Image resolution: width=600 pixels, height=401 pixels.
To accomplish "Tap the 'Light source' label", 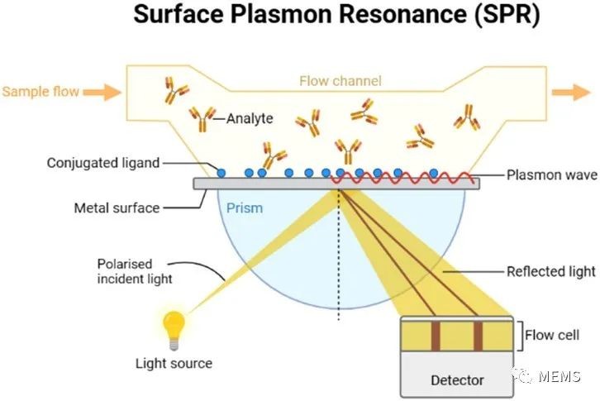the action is pyautogui.click(x=174, y=363).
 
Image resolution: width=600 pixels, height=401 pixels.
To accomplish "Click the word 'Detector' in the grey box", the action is pyautogui.click(x=457, y=380).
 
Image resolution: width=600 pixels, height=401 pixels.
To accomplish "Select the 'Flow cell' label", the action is pyautogui.click(x=552, y=335).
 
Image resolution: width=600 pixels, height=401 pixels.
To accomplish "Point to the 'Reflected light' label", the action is pyautogui.click(x=551, y=271).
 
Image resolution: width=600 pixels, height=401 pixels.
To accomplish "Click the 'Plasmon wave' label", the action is pyautogui.click(x=552, y=175).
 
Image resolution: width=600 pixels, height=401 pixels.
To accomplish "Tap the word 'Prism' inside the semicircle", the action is pyautogui.click(x=245, y=208).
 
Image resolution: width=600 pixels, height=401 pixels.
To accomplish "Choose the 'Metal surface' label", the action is pyautogui.click(x=117, y=208).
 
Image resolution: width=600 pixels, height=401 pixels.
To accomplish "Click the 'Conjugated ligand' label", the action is pyautogui.click(x=103, y=163).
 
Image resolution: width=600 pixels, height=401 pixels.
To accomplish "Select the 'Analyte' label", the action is pyautogui.click(x=250, y=118).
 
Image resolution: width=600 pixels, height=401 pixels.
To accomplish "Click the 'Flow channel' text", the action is pyautogui.click(x=340, y=81).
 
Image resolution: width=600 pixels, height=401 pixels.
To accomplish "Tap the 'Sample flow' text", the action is pyautogui.click(x=40, y=92).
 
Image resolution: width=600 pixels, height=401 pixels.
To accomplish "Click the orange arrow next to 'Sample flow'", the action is pyautogui.click(x=102, y=93).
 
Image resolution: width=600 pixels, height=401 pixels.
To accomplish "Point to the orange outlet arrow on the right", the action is pyautogui.click(x=571, y=93).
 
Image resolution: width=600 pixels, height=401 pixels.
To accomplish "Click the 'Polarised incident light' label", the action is pyautogui.click(x=135, y=271).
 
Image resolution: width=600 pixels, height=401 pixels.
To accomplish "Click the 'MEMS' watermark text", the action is pyautogui.click(x=560, y=376).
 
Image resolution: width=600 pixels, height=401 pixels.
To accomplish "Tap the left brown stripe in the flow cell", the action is pyautogui.click(x=436, y=336).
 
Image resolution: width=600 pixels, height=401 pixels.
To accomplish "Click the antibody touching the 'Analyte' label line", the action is pyautogui.click(x=202, y=119).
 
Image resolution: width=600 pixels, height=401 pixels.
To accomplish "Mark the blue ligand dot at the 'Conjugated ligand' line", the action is pyautogui.click(x=221, y=173).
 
